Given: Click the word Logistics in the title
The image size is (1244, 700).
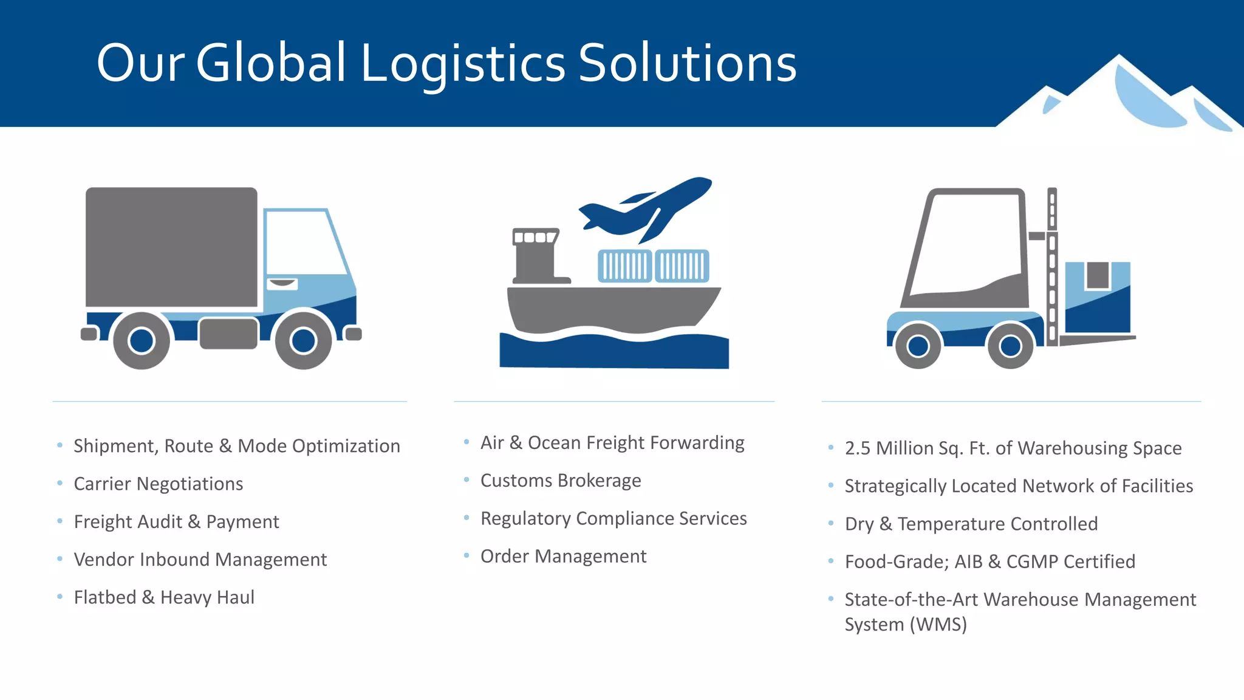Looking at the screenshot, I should tap(463, 64).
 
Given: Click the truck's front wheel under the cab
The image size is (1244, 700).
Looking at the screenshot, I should tap(303, 340).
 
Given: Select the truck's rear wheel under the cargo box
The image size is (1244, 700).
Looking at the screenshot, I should tap(142, 340).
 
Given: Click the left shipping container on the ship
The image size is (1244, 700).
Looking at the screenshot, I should tap(624, 266).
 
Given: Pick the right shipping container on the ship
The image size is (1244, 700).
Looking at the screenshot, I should tap(682, 266).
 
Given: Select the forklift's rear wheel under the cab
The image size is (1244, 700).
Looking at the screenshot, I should tap(918, 346).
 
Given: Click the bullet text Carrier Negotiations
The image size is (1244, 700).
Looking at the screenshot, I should tap(159, 484).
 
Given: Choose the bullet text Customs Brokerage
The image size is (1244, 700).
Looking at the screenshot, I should tap(561, 481).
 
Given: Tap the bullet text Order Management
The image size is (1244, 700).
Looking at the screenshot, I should tap(563, 557).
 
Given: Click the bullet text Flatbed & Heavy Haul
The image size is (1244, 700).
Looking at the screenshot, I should tap(164, 597).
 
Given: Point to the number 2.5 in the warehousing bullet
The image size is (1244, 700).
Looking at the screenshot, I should tap(858, 448).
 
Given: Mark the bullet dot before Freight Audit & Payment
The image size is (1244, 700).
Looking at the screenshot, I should tap(60, 521).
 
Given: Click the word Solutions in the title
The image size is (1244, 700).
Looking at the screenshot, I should tap(687, 64).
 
